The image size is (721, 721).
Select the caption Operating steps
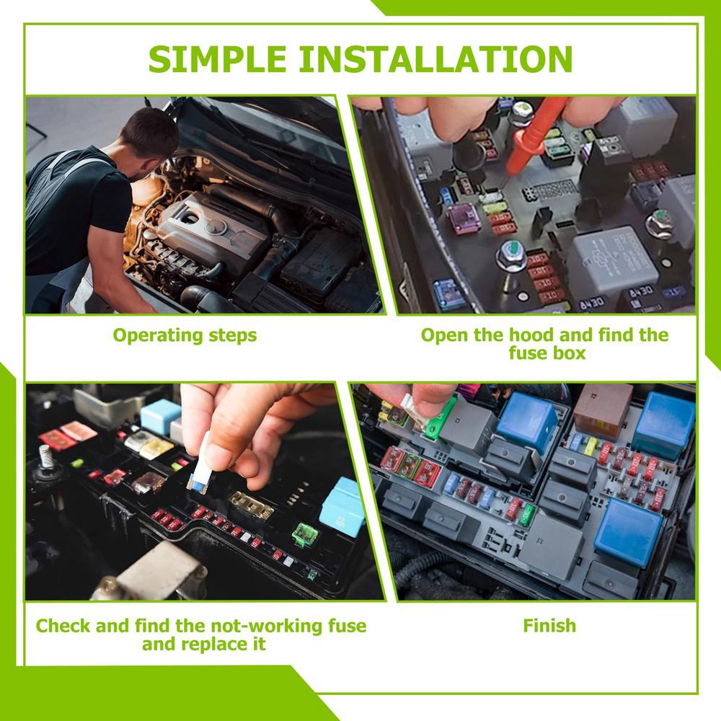click(185, 335)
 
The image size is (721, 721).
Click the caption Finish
click(549, 624)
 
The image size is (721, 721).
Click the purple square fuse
click(462, 218)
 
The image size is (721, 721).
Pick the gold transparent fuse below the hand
click(251, 506)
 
